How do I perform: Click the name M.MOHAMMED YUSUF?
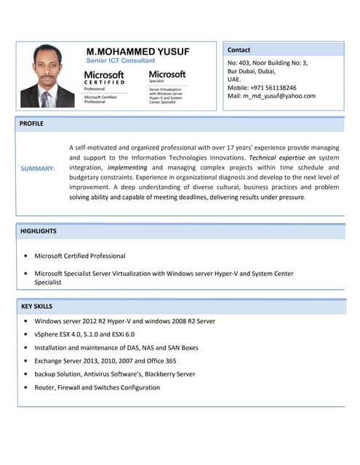pyautogui.click(x=137, y=52)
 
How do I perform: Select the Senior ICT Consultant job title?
pyautogui.click(x=116, y=61)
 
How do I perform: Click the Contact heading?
pyautogui.click(x=239, y=50)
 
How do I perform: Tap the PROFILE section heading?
pyautogui.click(x=31, y=124)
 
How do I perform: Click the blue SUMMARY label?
pyautogui.click(x=38, y=169)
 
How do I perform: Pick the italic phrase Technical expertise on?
pyautogui.click(x=282, y=157)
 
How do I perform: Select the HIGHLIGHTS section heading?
pyautogui.click(x=39, y=231)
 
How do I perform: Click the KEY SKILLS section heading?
pyautogui.click(x=36, y=307)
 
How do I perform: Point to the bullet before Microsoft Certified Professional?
pyautogui.click(x=25, y=256)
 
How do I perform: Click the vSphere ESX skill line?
pyautogui.click(x=84, y=334)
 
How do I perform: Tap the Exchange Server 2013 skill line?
pyautogui.click(x=105, y=360)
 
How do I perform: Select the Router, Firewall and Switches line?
pyautogui.click(x=97, y=387)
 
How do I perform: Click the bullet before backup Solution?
pyautogui.click(x=25, y=374)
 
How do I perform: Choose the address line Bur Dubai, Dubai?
pyautogui.click(x=252, y=71)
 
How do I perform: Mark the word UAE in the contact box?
pyautogui.click(x=234, y=79)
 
